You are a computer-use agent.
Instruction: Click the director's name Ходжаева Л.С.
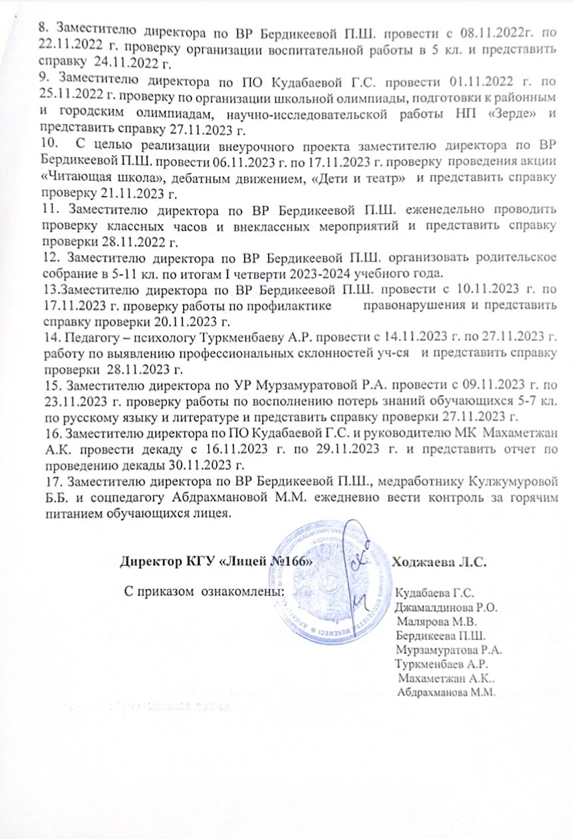tap(440, 561)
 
